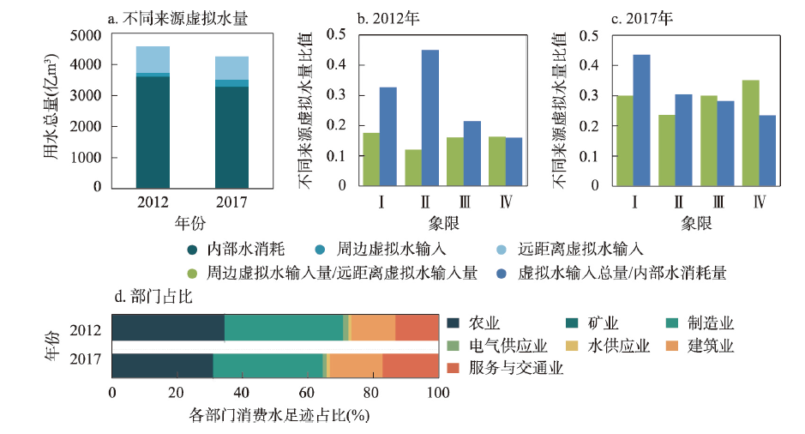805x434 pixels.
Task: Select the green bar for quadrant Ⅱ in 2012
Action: (412, 167)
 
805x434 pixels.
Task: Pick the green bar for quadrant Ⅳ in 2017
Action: (751, 133)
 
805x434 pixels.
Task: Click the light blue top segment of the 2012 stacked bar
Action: (153, 60)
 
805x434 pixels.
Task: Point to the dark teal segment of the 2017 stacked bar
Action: (231, 136)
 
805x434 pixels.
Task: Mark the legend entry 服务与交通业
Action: (505, 368)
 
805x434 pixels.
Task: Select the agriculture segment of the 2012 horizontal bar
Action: (168, 329)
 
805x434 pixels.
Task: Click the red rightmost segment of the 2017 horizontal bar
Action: (410, 365)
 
